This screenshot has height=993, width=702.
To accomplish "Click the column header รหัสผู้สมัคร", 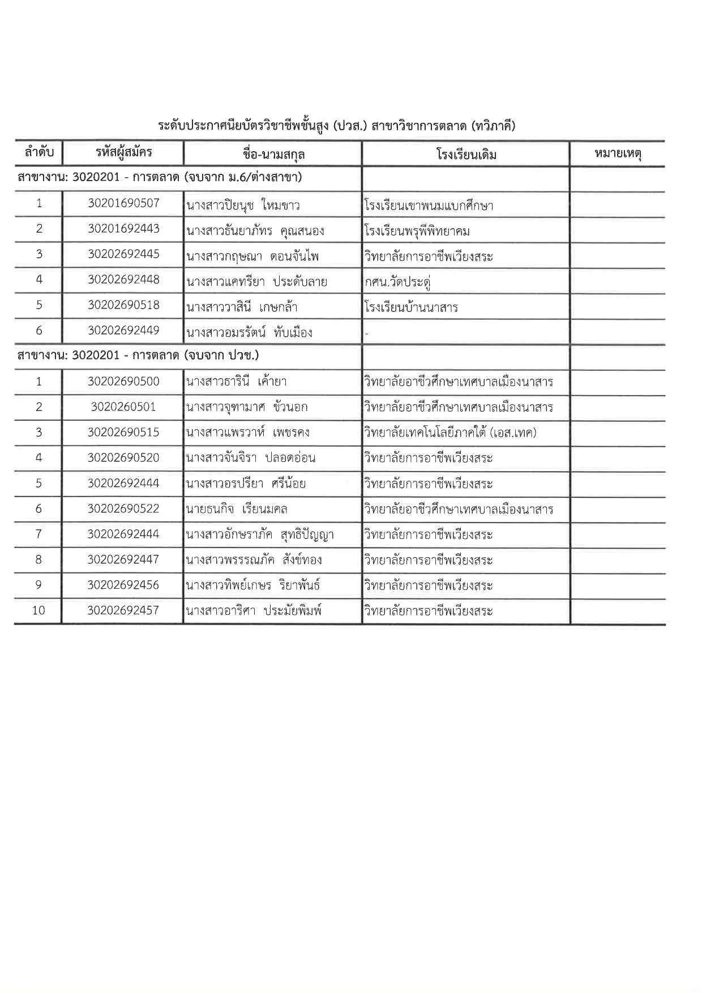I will pos(123,153).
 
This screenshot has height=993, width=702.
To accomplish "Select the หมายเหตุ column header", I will pos(618,153).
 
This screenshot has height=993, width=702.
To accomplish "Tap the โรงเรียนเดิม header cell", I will pos(466,154).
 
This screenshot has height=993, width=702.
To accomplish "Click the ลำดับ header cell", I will pos(39,153).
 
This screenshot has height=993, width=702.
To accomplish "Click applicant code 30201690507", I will pos(123,203).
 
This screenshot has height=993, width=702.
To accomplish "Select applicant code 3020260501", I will pos(123,407).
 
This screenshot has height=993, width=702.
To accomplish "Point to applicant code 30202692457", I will pos(123,610).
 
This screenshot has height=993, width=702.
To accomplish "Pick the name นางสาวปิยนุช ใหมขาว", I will pos(243,205).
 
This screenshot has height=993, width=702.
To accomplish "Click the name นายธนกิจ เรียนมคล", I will pos(237,509).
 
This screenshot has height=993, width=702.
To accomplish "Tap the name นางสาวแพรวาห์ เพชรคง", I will pos(247,433).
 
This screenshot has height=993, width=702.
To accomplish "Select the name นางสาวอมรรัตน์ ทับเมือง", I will pos(249,332).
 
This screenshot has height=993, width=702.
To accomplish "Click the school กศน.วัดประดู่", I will pos(399,281).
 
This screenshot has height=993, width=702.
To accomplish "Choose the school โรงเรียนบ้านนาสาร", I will pos(412,307).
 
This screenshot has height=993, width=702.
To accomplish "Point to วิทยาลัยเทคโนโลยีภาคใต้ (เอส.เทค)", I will pos(451,433).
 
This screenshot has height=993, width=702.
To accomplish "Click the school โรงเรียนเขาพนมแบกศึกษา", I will pos(429,206).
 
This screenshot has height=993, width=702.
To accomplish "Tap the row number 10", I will pos(38,610).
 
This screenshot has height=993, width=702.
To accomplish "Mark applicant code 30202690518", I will pos(123,305).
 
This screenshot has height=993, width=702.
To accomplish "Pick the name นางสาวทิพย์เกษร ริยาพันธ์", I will pos(253,585).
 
